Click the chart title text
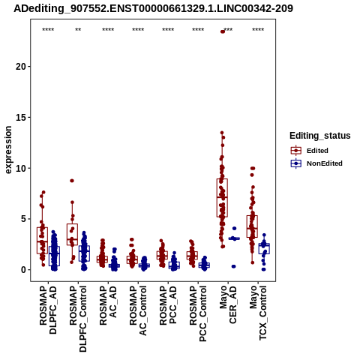(153, 9)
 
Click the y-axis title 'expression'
(8, 150)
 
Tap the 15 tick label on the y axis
(21, 117)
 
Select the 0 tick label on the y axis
(24, 270)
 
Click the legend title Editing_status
(320, 136)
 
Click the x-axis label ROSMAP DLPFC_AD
(48, 310)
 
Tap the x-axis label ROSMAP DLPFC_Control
(78, 319)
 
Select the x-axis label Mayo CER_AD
(228, 305)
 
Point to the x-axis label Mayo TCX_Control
(258, 313)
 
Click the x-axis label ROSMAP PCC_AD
(168, 305)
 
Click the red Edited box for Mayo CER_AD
(222, 198)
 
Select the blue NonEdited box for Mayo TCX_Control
(264, 248)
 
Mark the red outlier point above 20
(223, 31)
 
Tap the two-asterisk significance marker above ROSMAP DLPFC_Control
(78, 30)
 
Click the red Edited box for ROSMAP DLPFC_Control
(72, 235)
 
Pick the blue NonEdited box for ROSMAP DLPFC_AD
(54, 256)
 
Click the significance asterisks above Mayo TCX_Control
(258, 30)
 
